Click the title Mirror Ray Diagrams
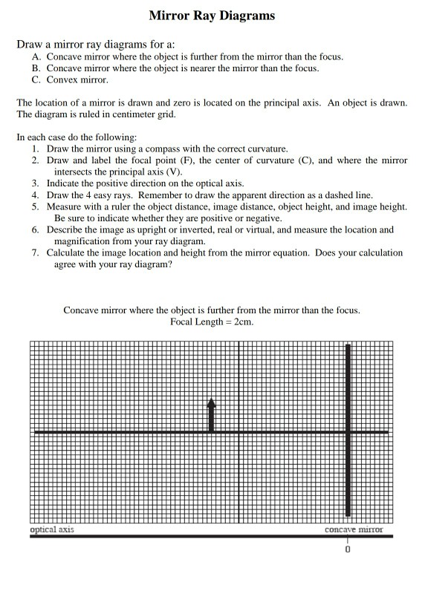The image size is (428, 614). coord(212,15)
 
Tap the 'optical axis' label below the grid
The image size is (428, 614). coord(52,529)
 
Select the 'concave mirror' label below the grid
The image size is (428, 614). coord(354,529)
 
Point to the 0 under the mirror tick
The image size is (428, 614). coord(347,550)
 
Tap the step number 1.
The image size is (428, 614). coord(35,149)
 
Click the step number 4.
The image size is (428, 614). coord(35,195)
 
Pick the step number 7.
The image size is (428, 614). coord(35,252)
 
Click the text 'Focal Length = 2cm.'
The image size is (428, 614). coord(212,321)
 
